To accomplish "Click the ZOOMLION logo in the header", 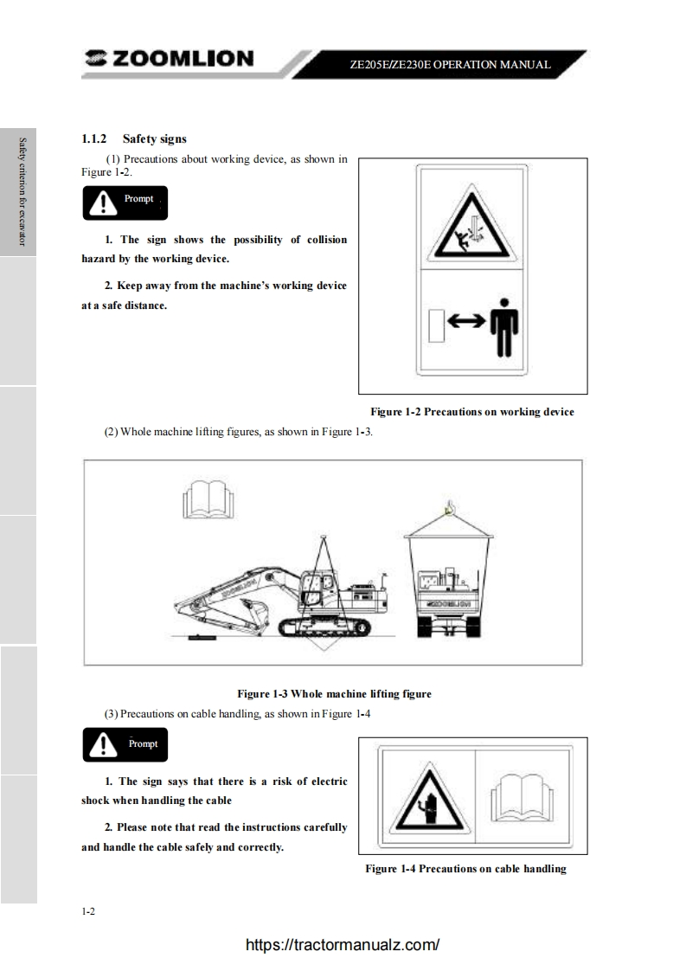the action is coord(169,58).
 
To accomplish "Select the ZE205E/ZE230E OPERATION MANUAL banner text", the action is coord(450,64).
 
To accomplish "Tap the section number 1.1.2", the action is coord(94,138).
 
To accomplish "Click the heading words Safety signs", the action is coord(154,138).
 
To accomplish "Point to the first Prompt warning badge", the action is coord(125,203).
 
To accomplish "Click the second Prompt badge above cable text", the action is coord(125,744).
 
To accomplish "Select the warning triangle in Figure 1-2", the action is coord(471,223).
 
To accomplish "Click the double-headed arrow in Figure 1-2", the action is coord(467,321).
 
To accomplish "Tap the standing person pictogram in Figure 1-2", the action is coord(504,328).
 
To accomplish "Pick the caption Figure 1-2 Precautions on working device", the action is coord(472,412).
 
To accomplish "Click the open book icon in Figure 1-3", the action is coord(208,499).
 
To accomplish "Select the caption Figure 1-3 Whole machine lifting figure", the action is coord(334,693).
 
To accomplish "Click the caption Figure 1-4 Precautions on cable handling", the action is coord(465,869).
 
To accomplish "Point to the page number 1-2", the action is coord(88,911).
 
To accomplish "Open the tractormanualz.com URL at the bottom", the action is coord(343,944).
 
